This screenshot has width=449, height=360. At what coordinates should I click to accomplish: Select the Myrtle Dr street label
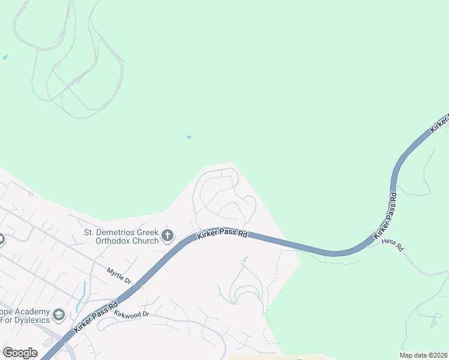pos(119,276)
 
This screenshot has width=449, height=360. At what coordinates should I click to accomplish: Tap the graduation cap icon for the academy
pos(59,315)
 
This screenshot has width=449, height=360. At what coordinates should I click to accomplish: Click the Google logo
pos(20,353)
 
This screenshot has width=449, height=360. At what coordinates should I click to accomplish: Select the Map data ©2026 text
pos(423,355)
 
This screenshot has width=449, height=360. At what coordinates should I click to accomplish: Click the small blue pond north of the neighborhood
pos(189,137)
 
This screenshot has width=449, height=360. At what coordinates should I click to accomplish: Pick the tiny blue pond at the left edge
pos(5,57)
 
